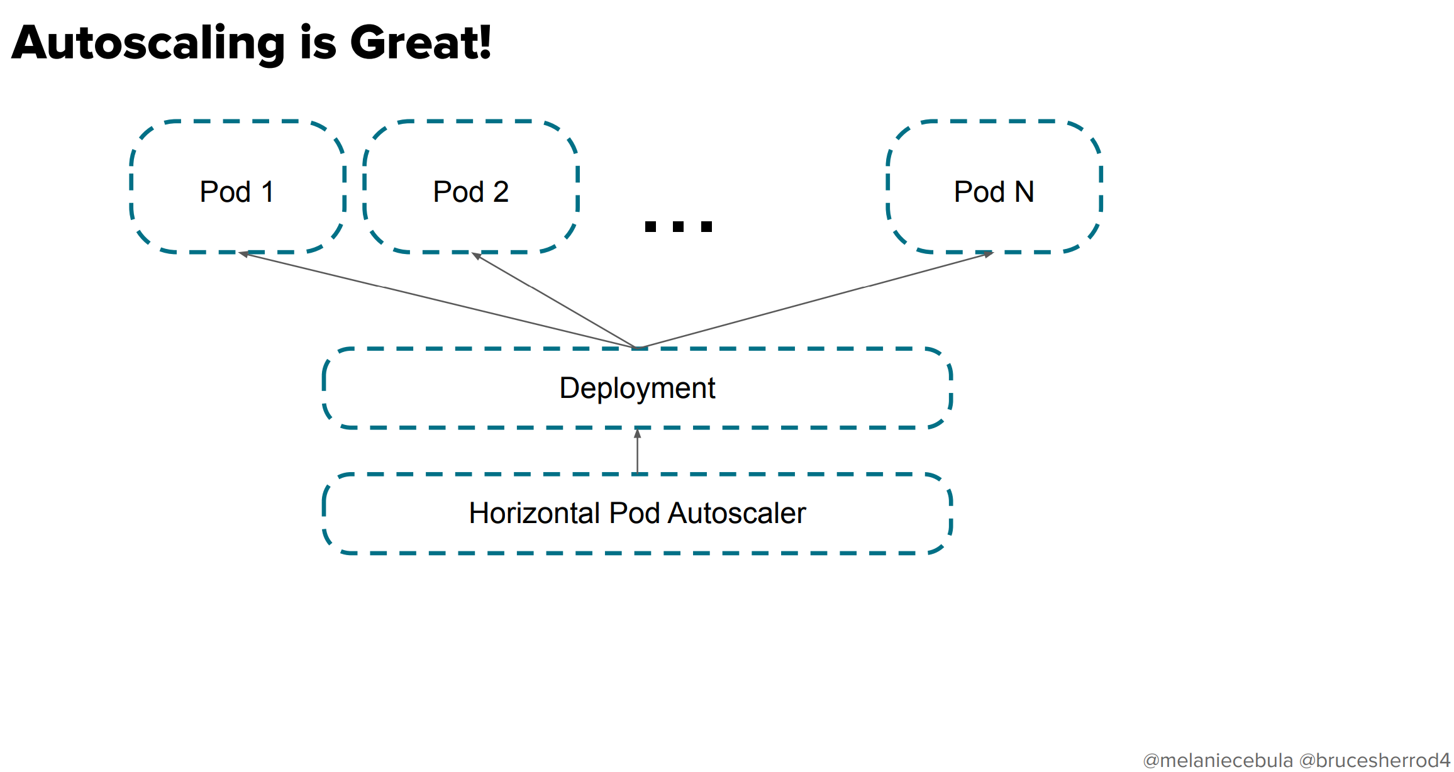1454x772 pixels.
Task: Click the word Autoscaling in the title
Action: tap(148, 44)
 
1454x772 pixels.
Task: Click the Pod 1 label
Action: tap(236, 192)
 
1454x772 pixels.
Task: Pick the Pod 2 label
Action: tap(470, 192)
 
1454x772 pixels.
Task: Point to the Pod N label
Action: tap(994, 192)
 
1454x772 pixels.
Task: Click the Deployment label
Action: tap(637, 388)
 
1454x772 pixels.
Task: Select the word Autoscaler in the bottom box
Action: tap(736, 513)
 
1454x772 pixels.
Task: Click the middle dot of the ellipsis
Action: tap(678, 226)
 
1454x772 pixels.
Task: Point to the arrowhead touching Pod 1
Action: tap(243, 254)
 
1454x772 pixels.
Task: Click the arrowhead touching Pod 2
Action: tap(476, 256)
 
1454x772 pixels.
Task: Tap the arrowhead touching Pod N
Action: tap(989, 254)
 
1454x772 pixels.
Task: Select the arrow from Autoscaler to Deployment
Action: tap(637, 451)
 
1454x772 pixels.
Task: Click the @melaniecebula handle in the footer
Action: tap(1218, 761)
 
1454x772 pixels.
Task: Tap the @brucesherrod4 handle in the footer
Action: tap(1375, 761)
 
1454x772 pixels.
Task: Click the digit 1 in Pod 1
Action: tap(267, 192)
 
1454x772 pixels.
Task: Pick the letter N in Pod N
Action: tap(1024, 192)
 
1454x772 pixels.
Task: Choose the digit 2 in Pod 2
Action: tap(501, 192)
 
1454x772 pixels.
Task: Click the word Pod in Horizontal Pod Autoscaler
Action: tap(635, 513)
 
